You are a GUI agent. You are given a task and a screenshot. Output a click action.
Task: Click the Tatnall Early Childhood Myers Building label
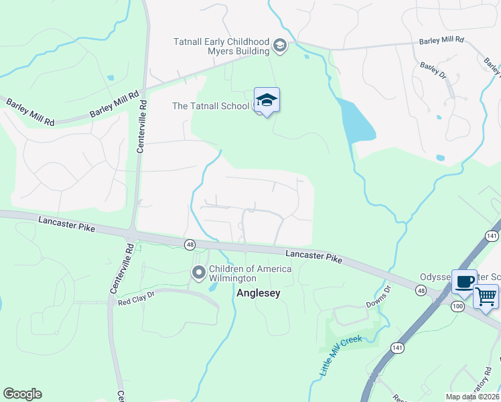pos(221,47)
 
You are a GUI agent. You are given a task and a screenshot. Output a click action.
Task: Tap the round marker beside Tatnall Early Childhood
pos(280,47)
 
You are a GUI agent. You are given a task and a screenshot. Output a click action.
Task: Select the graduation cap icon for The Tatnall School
pos(267,100)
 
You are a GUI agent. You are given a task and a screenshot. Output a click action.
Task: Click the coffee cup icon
pos(464,281)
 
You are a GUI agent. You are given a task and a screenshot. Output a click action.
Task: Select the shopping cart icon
pos(486,295)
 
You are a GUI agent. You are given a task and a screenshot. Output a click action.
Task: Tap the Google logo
pos(22,394)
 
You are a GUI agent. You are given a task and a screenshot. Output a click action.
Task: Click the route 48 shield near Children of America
pos(190,245)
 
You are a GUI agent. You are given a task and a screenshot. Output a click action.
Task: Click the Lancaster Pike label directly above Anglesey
pos(313,255)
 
